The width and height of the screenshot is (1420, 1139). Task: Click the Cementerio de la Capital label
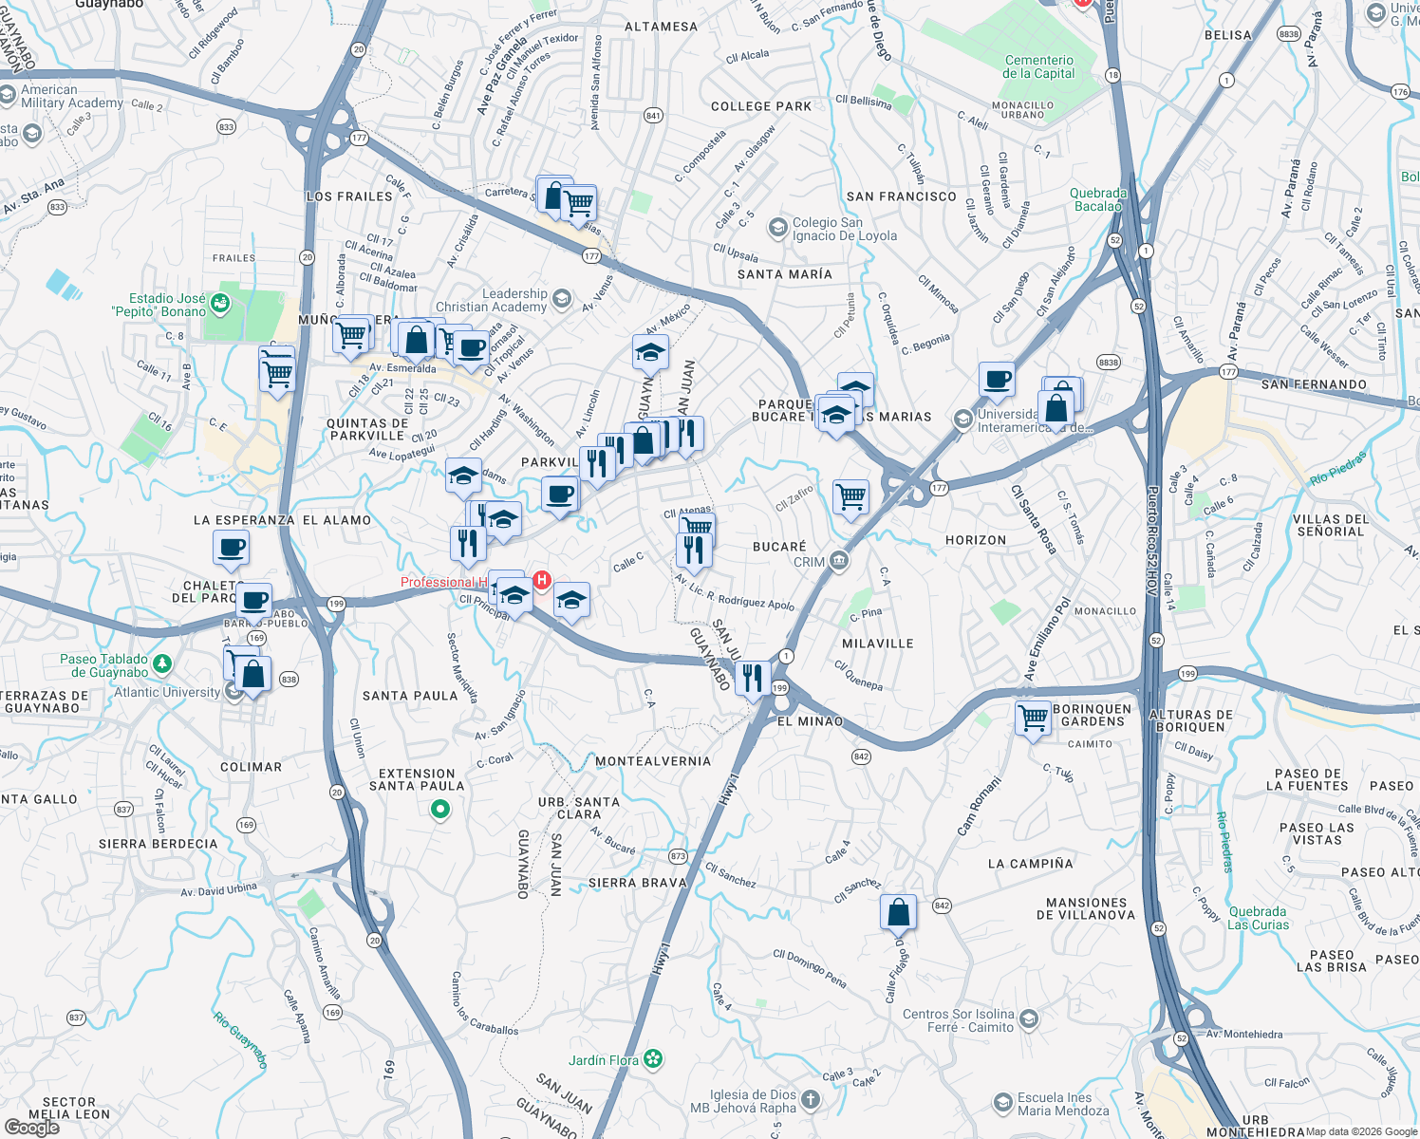1038,66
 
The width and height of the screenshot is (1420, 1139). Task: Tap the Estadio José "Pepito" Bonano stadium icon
220,304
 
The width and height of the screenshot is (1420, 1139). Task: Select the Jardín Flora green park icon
653,1059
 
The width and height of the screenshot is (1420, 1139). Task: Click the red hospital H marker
542,580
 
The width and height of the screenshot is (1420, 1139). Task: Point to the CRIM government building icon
838,561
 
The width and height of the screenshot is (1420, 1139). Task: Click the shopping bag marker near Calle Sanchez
898,912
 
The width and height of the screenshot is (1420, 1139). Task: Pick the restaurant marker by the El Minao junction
752,678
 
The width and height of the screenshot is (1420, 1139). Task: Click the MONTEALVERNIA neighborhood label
652,761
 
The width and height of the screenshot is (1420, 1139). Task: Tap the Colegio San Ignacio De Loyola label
844,230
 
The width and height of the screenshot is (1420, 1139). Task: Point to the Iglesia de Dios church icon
810,1100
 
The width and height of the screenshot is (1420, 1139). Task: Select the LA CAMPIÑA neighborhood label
1030,864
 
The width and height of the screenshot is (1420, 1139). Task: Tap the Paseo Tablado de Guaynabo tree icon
162,663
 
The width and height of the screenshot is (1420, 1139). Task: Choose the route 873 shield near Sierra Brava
678,856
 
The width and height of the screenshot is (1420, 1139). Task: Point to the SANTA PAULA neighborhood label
410,696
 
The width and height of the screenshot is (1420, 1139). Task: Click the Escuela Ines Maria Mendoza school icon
1003,1103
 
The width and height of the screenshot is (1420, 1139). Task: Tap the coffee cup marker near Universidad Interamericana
997,380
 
